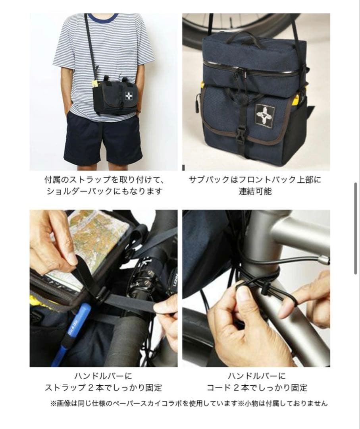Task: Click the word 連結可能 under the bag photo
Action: pos(255,191)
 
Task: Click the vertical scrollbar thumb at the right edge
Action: pos(356,228)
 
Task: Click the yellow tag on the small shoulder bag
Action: pos(95,84)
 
